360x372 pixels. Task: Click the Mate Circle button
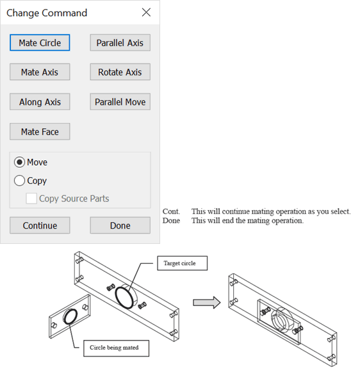click(x=40, y=43)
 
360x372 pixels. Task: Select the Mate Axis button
click(x=40, y=72)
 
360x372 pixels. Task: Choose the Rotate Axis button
click(x=120, y=72)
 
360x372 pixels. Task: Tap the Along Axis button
click(x=40, y=102)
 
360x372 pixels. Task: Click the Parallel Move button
click(x=120, y=102)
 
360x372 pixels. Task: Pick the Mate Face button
click(x=40, y=132)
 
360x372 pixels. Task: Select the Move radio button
click(x=20, y=163)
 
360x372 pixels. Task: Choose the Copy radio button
click(x=20, y=181)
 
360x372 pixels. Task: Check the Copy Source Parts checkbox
click(x=31, y=199)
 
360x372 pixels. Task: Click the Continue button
click(x=40, y=225)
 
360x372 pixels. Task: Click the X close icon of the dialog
click(x=146, y=13)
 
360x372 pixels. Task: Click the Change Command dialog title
click(x=47, y=13)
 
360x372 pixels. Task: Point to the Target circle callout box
click(x=181, y=263)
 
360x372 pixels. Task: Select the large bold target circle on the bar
click(x=125, y=297)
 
